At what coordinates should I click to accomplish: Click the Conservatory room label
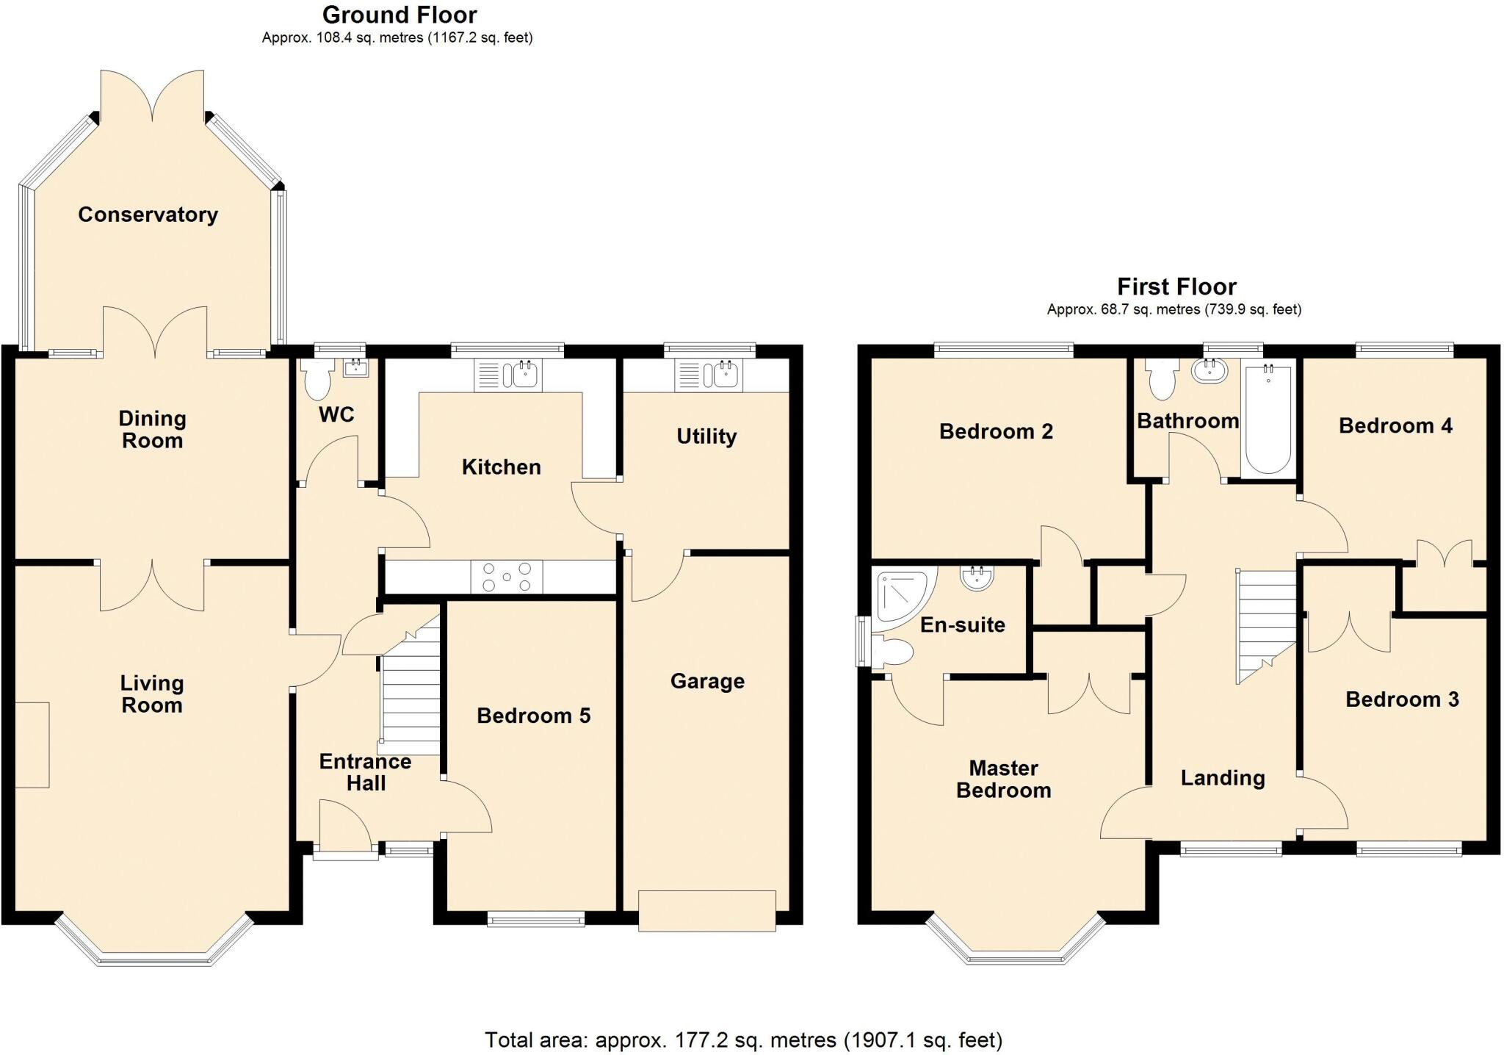point(148,215)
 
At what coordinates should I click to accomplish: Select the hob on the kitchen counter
point(507,577)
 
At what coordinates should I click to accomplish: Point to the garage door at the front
point(706,911)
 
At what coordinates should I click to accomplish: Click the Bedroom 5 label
point(533,716)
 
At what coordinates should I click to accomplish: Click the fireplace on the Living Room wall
point(32,745)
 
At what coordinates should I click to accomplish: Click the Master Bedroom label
point(1003,779)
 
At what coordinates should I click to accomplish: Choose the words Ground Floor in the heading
point(399,15)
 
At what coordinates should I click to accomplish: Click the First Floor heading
point(1176,287)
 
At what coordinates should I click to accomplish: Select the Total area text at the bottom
point(743,1040)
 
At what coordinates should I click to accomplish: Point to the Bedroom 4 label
point(1395,426)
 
